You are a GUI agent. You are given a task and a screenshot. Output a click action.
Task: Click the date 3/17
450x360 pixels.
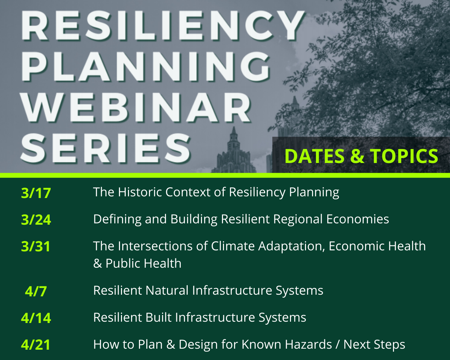tap(36, 193)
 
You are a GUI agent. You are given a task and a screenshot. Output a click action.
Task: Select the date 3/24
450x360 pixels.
tap(36, 220)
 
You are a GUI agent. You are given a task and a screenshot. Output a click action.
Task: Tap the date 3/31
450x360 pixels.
tap(36, 246)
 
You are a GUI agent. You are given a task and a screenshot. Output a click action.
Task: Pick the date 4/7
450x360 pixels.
tap(36, 291)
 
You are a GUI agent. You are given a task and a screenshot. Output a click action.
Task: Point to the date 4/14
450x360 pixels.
tap(36, 318)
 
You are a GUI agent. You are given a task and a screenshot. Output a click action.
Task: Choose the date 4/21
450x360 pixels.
tap(36, 345)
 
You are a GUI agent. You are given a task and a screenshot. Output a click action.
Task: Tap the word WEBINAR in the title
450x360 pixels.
tap(136, 107)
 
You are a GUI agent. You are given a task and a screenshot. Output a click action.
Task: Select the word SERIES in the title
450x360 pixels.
tap(106, 148)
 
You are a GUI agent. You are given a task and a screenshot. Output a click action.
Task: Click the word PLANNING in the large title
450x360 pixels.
tap(145, 66)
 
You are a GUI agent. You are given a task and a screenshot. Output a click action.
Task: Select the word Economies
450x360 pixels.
tap(358, 219)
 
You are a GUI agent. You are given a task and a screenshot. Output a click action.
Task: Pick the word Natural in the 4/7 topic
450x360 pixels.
tap(167, 290)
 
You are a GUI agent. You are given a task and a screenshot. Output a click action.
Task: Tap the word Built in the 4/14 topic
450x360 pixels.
tap(158, 317)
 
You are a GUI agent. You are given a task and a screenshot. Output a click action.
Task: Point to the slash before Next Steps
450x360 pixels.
tap(337, 345)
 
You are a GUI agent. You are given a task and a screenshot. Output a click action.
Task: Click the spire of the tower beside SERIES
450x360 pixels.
tap(234, 131)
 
